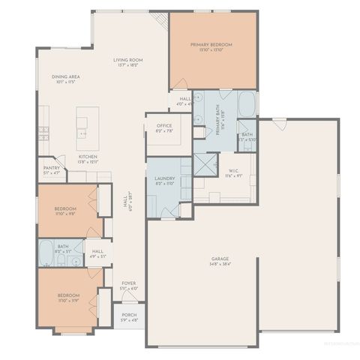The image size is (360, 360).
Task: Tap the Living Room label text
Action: pos(128,60)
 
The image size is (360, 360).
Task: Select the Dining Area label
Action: pos(66,76)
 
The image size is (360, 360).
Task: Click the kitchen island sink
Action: pos(82,133)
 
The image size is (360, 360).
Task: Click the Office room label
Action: pos(164,125)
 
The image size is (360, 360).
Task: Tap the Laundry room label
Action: pos(164,178)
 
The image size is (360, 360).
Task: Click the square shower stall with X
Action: pos(205,163)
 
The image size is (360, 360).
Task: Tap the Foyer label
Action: pos(128,283)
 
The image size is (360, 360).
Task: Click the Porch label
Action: pos(128,316)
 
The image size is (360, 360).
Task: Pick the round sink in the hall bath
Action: pos(76,262)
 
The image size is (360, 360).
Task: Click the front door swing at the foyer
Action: pos(124,298)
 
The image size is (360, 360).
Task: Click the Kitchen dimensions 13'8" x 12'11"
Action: pos(88,161)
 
